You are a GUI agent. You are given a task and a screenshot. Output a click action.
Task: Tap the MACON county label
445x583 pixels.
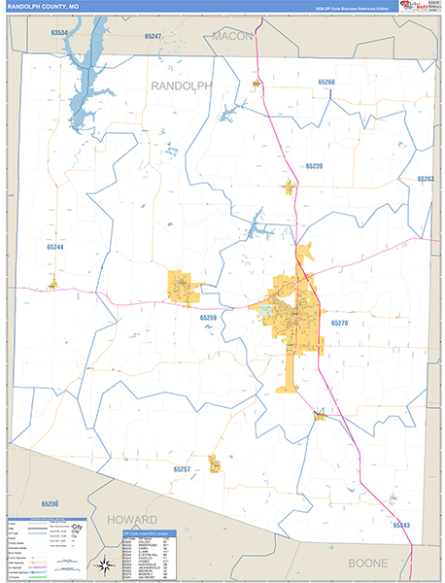pyautogui.click(x=232, y=35)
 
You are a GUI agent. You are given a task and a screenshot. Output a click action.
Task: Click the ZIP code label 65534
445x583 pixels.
pyautogui.click(x=63, y=33)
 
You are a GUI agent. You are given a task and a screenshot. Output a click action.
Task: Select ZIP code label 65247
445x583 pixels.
pyautogui.click(x=153, y=36)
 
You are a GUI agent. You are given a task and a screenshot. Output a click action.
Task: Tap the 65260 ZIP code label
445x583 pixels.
pyautogui.click(x=326, y=83)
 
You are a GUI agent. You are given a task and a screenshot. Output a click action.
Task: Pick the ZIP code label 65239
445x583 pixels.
pyautogui.click(x=313, y=167)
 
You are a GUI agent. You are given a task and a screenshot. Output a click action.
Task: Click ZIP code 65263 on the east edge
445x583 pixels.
pyautogui.click(x=425, y=179)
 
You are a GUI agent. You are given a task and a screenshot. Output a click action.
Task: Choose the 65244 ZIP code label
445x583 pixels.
pyautogui.click(x=54, y=247)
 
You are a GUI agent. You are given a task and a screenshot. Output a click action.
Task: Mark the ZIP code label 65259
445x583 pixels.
pyautogui.click(x=209, y=318)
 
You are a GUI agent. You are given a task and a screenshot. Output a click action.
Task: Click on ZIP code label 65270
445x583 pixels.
pyautogui.click(x=338, y=323)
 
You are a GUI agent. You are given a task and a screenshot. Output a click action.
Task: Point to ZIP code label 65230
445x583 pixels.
pyautogui.click(x=51, y=503)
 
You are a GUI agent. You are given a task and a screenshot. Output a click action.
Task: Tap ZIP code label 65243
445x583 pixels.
pyautogui.click(x=401, y=525)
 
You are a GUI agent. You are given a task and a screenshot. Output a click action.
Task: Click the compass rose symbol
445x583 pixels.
pyautogui.click(x=103, y=564)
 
